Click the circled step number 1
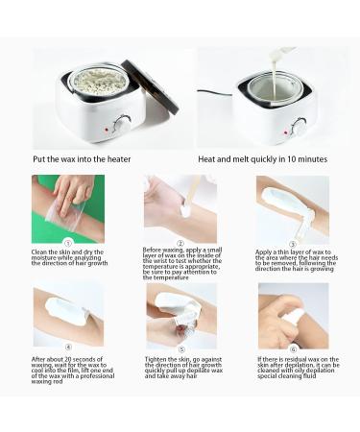67,243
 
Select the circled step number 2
180,243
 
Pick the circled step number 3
293,243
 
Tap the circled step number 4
67,348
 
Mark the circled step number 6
293,348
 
